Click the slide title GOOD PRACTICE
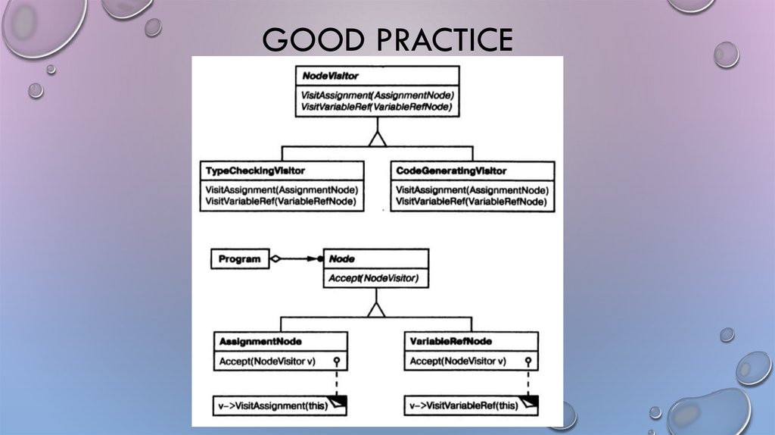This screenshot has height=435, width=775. coord(387,39)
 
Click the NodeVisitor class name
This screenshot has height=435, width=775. coord(331,77)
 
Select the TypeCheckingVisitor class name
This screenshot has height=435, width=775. coord(256,171)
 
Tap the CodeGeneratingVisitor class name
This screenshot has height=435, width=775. coord(452,171)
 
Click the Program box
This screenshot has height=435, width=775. coord(239,259)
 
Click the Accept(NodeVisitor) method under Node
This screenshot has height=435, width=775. coord(373,279)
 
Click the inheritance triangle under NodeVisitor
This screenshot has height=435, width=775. coord(377,138)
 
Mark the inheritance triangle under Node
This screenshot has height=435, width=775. coord(376,308)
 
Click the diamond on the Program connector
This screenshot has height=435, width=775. coord(276,259)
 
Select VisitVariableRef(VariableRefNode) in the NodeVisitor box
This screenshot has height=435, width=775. coord(376,108)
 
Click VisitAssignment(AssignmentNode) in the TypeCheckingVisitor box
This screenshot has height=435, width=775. coord(282,189)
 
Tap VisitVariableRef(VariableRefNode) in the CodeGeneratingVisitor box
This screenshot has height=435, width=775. coord(471,202)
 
